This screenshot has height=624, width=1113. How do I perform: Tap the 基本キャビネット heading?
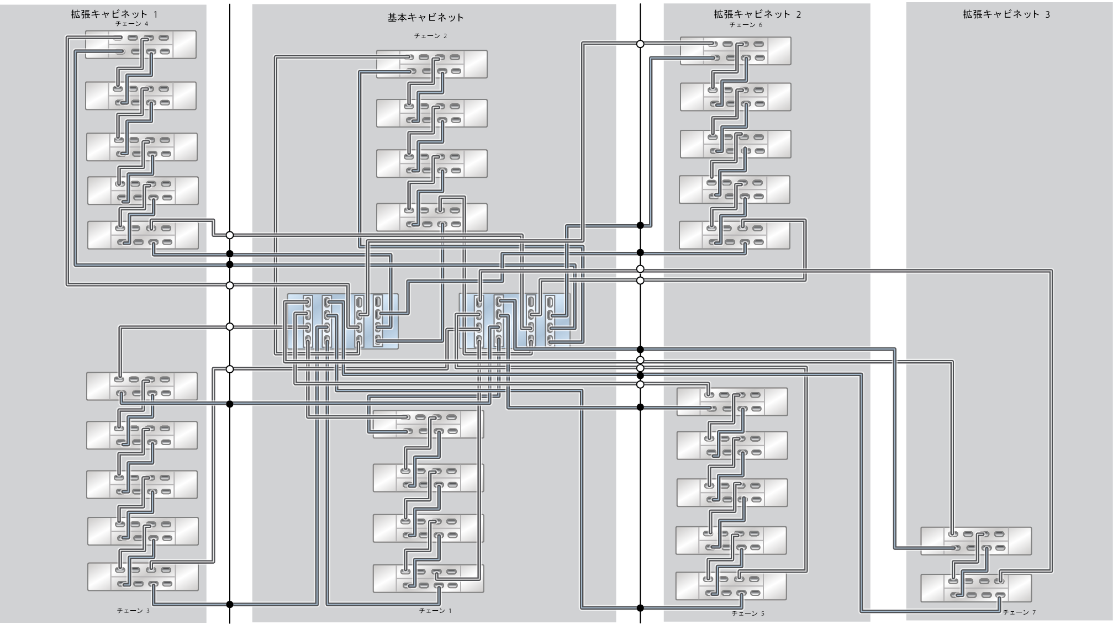pyautogui.click(x=425, y=18)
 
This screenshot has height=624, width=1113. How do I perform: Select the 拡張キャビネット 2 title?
pyautogui.click(x=757, y=14)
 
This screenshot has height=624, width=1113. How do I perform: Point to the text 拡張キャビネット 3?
pyautogui.click(x=1006, y=14)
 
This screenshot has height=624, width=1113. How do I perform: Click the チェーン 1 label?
pyautogui.click(x=435, y=611)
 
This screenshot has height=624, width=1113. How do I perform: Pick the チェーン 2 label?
pyautogui.click(x=430, y=36)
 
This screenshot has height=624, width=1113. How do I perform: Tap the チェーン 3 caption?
pyautogui.click(x=133, y=611)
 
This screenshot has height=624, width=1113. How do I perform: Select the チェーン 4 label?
pyautogui.click(x=131, y=24)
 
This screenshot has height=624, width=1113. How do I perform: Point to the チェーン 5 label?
pyautogui.click(x=748, y=614)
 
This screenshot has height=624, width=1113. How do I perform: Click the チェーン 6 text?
pyautogui.click(x=746, y=25)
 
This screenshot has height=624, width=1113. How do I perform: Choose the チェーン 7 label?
pyautogui.click(x=1019, y=612)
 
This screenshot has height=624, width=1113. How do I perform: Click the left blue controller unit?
pyautogui.click(x=342, y=321)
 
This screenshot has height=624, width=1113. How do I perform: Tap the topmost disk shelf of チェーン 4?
pyautogui.click(x=141, y=45)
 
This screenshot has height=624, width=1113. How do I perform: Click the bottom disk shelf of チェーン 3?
pyautogui.click(x=143, y=577)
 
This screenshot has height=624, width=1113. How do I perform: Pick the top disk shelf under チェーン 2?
pyautogui.click(x=431, y=64)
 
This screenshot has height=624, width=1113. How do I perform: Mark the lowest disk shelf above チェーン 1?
pyautogui.click(x=428, y=578)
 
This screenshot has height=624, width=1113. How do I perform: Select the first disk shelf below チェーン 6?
pyautogui.click(x=735, y=51)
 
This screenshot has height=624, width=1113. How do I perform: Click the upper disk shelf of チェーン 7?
pyautogui.click(x=975, y=541)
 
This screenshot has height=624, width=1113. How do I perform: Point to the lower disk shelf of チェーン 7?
pyautogui.click(x=975, y=588)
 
